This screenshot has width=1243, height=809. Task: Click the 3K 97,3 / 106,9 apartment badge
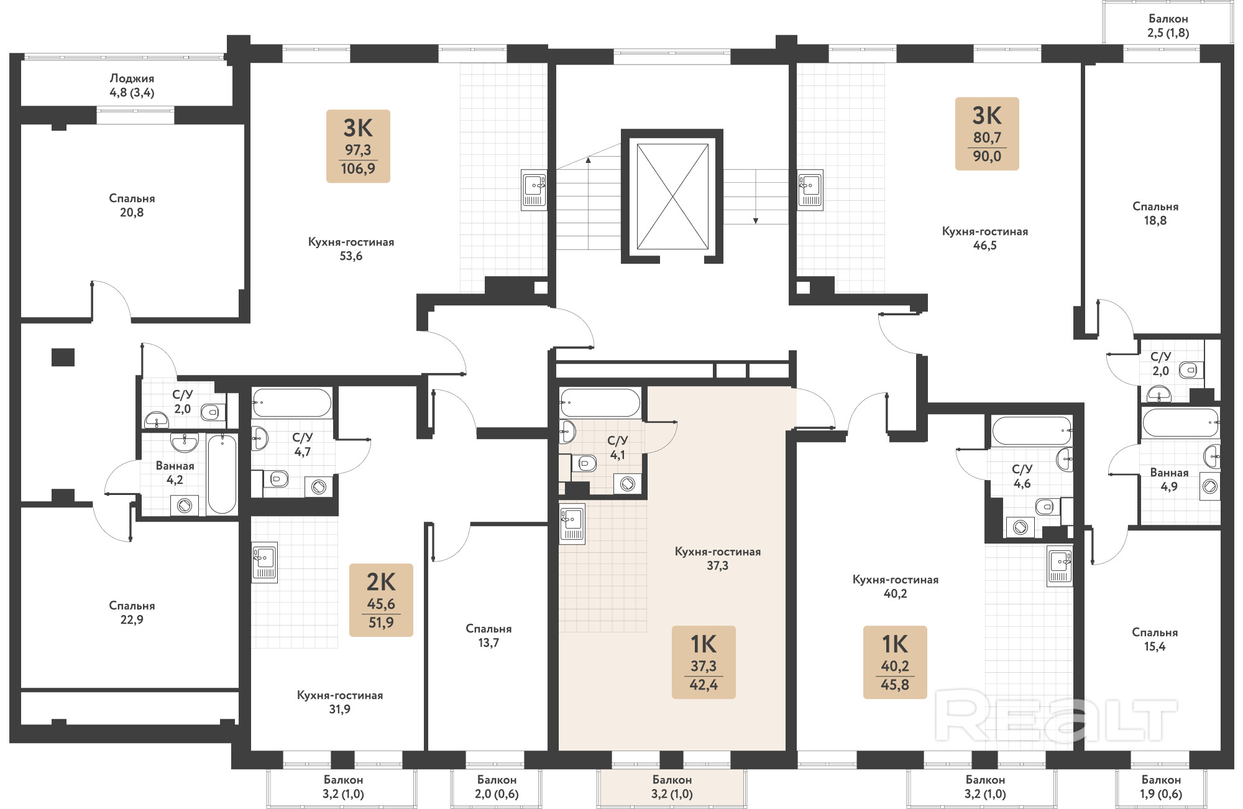coord(358,146)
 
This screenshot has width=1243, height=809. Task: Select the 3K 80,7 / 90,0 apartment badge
coord(987,134)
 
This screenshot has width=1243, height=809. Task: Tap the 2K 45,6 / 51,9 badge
coord(381,600)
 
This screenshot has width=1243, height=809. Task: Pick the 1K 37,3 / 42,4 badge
coord(704,662)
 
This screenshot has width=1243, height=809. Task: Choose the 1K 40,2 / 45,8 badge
coord(895,662)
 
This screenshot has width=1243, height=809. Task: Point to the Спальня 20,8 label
coord(132,205)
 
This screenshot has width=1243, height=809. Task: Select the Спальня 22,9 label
coord(132,613)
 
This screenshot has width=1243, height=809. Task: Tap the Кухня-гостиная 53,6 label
coord(351,249)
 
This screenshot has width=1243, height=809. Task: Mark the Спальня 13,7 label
coord(488,636)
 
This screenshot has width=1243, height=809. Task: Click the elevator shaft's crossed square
coord(672,196)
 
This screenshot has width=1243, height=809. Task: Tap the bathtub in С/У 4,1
coord(600,402)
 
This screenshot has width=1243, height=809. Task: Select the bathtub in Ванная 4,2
coord(222,474)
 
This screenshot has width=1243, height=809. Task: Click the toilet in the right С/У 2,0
coord(1188,370)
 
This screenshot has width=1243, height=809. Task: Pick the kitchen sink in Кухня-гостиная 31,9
coord(265,563)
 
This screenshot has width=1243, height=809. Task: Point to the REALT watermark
coord(1057,719)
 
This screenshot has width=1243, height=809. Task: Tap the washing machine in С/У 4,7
coord(319,486)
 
